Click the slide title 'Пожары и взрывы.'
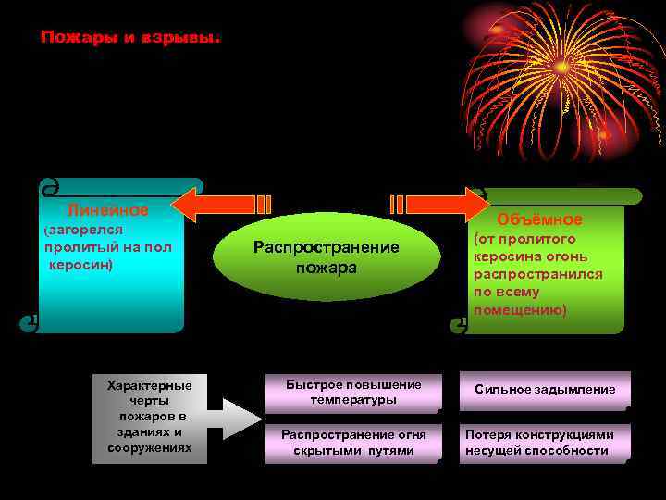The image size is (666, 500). click(130, 39)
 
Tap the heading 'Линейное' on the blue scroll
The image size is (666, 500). click(108, 210)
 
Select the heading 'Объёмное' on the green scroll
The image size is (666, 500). click(539, 219)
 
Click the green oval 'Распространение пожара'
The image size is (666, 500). click(314, 257)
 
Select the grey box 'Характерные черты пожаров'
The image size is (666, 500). click(150, 417)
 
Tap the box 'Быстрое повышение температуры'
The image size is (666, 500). click(353, 393)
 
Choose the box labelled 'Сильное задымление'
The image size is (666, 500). click(545, 390)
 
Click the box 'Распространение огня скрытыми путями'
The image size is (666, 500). click(353, 443)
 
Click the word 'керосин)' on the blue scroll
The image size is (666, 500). click(81, 264)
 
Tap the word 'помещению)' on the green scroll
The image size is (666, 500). click(520, 308)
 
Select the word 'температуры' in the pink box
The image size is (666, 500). click(353, 400)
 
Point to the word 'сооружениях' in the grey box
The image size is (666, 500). click(150, 447)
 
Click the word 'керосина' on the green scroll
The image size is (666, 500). click(503, 256)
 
